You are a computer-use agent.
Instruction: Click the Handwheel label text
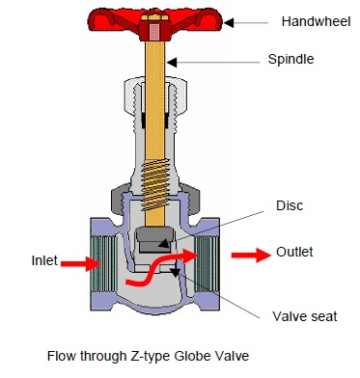310,20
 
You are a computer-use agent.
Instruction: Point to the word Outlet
294,252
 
